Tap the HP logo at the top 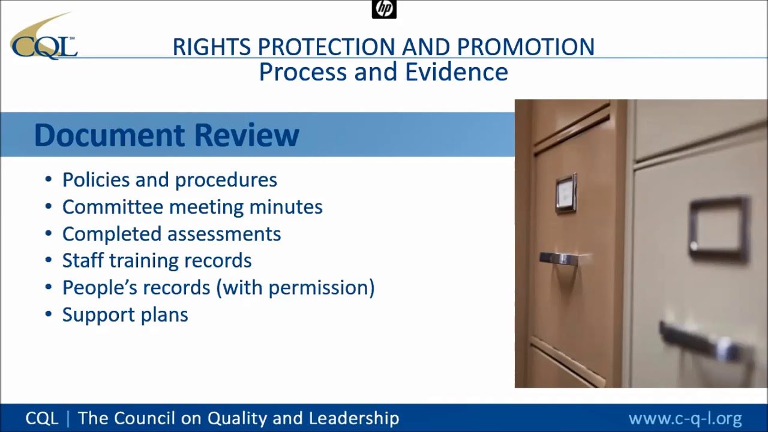coord(384,9)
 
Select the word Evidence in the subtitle coord(456,72)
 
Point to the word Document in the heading coord(109,134)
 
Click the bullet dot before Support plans coord(49,314)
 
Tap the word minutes coord(286,206)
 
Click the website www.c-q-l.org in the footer coord(685,418)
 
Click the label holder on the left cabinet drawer coord(566,193)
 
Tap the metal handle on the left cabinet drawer coord(559,259)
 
